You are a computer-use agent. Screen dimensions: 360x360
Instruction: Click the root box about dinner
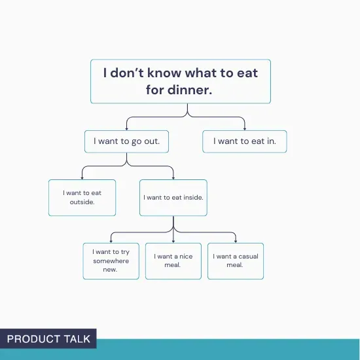(x=180, y=81)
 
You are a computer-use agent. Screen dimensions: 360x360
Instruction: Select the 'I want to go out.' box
(x=126, y=141)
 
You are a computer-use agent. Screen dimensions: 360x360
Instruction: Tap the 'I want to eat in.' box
(x=244, y=141)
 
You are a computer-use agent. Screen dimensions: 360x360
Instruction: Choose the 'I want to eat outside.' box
(x=82, y=197)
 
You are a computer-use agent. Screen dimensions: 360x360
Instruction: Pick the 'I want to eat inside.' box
(x=173, y=197)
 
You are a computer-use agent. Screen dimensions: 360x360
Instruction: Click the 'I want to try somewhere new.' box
(x=111, y=261)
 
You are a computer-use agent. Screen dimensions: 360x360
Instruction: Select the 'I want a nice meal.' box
(x=173, y=261)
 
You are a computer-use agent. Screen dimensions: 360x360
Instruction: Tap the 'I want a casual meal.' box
(x=235, y=261)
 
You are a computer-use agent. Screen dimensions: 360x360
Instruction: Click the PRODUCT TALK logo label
(x=48, y=338)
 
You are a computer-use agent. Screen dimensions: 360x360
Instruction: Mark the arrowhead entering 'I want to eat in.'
(x=244, y=128)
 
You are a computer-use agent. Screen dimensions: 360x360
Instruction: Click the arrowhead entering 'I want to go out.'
(x=126, y=128)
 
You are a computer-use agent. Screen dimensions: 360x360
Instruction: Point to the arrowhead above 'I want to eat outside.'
(x=82, y=177)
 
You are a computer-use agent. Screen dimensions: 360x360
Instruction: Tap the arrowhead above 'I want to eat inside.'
(x=173, y=177)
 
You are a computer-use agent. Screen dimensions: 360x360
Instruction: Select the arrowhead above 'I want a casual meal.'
(x=235, y=240)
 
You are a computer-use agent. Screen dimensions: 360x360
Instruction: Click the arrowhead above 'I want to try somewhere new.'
(x=111, y=240)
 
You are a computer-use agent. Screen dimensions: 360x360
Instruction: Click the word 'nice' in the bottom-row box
(x=186, y=257)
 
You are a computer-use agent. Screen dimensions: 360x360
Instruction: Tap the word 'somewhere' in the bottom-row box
(x=111, y=261)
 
